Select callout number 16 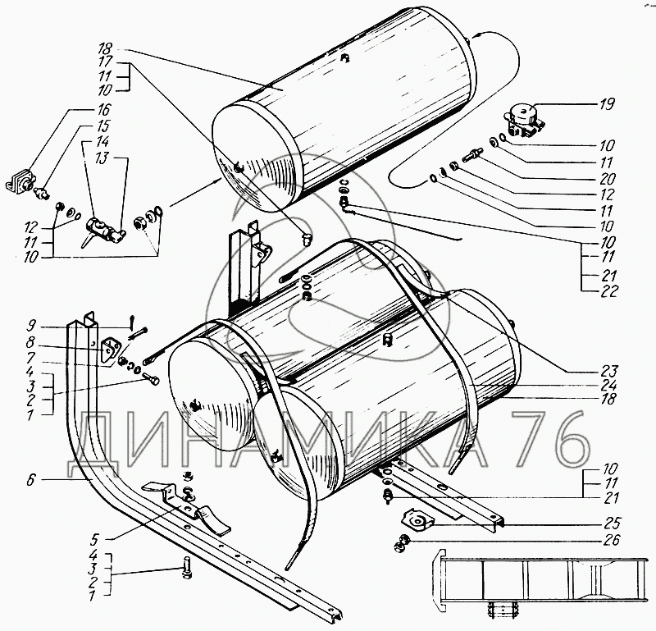103,109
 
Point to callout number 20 607,176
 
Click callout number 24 607,383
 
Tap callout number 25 608,522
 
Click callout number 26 608,540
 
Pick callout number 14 103,140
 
